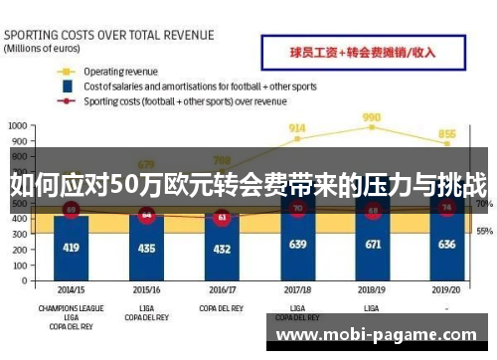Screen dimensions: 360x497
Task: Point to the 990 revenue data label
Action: tap(372, 117)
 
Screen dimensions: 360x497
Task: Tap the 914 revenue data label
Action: tap(296, 128)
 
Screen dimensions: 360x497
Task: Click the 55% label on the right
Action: tap(484, 232)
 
